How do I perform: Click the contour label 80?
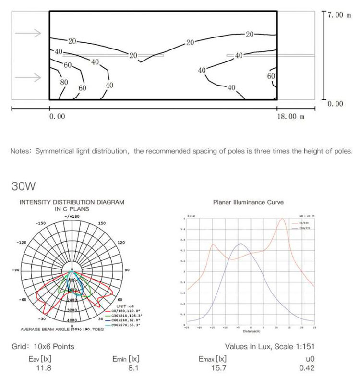click(64, 82)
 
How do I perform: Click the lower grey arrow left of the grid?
click(28, 77)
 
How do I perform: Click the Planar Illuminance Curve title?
click(248, 202)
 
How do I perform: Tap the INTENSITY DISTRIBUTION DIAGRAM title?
click(72, 202)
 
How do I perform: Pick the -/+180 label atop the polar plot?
click(72, 217)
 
